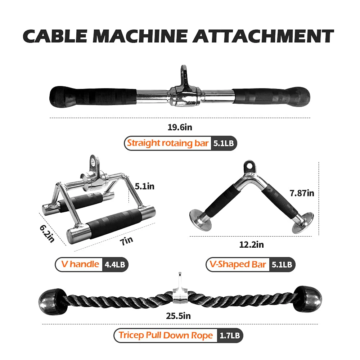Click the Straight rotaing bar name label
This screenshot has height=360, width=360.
pyautogui.click(x=168, y=143)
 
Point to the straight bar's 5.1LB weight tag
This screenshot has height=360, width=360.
pyautogui.click(x=224, y=143)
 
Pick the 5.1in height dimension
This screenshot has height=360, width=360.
pyautogui.click(x=144, y=186)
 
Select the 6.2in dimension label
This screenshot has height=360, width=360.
pyautogui.click(x=47, y=232)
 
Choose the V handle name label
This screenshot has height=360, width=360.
pyautogui.click(x=80, y=264)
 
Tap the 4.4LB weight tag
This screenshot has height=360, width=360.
pyautogui.click(x=115, y=265)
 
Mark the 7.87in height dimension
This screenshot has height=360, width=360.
pyautogui.click(x=302, y=193)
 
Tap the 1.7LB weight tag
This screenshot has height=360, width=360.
pyautogui.click(x=230, y=336)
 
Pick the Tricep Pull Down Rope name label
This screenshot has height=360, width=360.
pyautogui.click(x=166, y=336)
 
